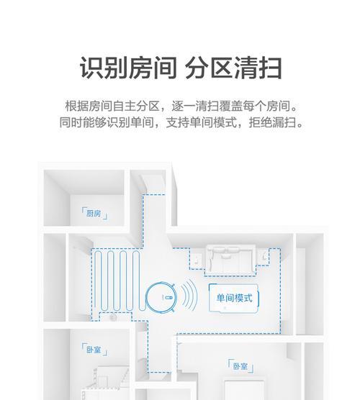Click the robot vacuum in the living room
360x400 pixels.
coord(161,297)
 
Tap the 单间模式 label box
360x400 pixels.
coord(234,298)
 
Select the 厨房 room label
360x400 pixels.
coord(94,213)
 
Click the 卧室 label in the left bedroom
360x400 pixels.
coord(94,349)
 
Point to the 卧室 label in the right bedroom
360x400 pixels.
coord(240,366)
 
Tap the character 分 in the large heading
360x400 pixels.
coord(197,68)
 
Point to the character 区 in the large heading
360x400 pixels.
coord(221,68)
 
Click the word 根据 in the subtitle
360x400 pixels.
coord(76,106)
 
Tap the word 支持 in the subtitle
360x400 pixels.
coord(177,122)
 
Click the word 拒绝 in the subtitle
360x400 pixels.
coord(261,122)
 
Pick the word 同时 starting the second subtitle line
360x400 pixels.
coord(71,122)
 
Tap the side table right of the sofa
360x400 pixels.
coord(264,257)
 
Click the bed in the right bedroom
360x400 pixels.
coord(244,390)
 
